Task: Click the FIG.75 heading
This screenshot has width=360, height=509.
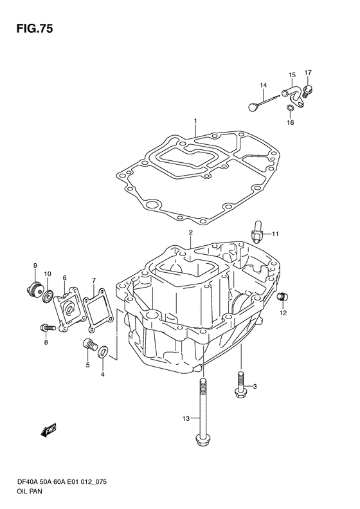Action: [x=34, y=29]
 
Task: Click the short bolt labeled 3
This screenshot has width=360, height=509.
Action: [x=240, y=385]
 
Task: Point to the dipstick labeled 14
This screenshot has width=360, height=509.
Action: [x=264, y=101]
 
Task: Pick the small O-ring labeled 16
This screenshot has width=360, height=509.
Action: [x=291, y=107]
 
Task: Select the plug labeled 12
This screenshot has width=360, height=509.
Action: [x=282, y=297]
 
